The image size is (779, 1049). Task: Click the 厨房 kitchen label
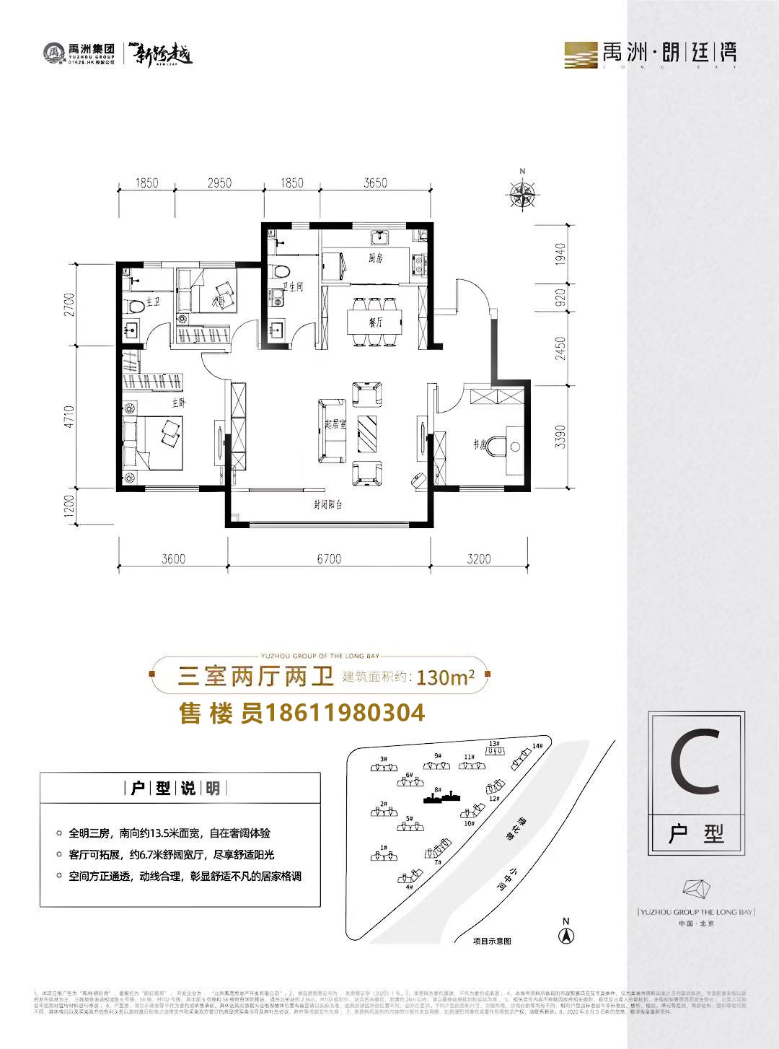(375, 258)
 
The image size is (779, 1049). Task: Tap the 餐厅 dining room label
(375, 322)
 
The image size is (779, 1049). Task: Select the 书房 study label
(480, 445)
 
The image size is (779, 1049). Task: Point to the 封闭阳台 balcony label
(328, 504)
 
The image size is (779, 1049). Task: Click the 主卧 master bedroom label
(178, 403)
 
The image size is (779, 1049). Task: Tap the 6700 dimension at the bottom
(329, 558)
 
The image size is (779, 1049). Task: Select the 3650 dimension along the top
(375, 183)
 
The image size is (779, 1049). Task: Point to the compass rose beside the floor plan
(522, 193)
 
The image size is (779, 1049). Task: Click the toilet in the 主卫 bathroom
(135, 306)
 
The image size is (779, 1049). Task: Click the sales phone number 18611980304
(345, 713)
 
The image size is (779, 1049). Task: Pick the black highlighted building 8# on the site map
(441, 796)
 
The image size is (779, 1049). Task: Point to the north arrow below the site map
(567, 936)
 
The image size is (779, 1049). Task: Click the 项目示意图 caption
(492, 941)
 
